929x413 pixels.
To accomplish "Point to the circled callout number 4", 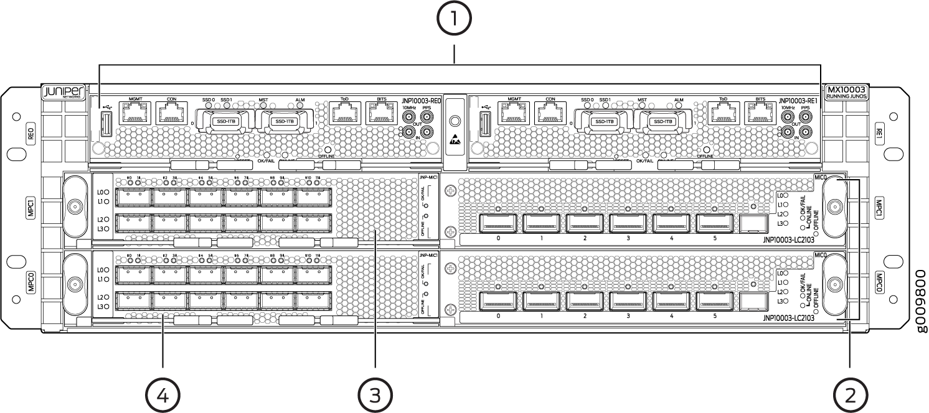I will click(163, 393).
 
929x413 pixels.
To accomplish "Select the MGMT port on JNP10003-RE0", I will click(136, 113).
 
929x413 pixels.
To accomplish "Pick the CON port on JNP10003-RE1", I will click(550, 113).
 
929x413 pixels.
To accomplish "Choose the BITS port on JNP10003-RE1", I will click(760, 113).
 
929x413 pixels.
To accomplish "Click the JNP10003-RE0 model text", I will click(422, 100).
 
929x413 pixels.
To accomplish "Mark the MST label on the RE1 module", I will click(642, 99).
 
